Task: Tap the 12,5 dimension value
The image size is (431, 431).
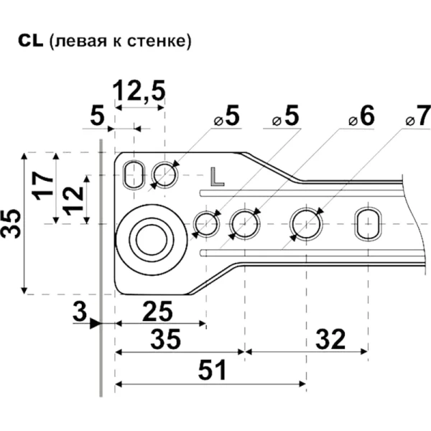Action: click(139, 91)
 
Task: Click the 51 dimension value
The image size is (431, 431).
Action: click(211, 372)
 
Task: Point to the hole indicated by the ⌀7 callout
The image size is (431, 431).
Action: click(305, 223)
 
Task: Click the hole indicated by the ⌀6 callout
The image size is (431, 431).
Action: click(244, 224)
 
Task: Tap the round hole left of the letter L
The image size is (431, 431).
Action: click(166, 175)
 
